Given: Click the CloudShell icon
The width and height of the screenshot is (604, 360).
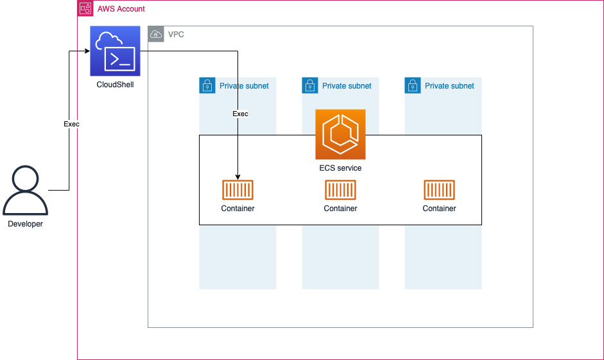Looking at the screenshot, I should click(x=115, y=51).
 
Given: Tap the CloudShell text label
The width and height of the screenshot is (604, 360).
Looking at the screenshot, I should click(x=115, y=85).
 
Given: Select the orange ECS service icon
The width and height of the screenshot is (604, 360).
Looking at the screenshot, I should click(x=340, y=134).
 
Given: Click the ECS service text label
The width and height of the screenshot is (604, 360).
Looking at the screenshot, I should click(x=340, y=168).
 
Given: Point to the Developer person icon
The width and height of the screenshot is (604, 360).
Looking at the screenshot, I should click(x=25, y=191).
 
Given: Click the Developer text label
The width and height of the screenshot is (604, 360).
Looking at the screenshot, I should click(x=25, y=224).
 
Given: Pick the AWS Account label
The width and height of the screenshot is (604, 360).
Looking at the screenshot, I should click(x=121, y=9).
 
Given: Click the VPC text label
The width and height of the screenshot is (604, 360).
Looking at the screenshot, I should click(x=176, y=35).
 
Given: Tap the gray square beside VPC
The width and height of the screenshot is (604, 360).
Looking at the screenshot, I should click(x=156, y=34).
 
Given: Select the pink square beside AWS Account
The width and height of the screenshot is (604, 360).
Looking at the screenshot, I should click(x=85, y=8).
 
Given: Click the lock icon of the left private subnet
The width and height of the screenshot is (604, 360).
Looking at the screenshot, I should click(x=207, y=85).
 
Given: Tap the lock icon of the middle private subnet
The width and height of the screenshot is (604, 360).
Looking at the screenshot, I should click(x=309, y=85).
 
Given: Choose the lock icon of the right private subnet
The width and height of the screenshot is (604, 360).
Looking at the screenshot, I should click(x=412, y=85).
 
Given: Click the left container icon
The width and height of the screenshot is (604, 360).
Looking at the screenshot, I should click(x=237, y=190).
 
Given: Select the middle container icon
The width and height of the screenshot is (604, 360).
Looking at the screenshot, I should click(x=340, y=190).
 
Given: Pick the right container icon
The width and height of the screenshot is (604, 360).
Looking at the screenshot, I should click(x=439, y=190).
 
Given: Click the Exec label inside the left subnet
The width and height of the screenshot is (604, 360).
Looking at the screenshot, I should click(x=240, y=114).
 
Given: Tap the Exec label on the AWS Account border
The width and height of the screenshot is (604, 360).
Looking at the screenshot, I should click(x=71, y=124).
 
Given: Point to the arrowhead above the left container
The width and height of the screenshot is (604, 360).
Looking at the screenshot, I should click(x=237, y=177).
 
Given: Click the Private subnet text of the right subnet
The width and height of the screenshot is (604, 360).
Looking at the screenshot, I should click(x=449, y=86).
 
